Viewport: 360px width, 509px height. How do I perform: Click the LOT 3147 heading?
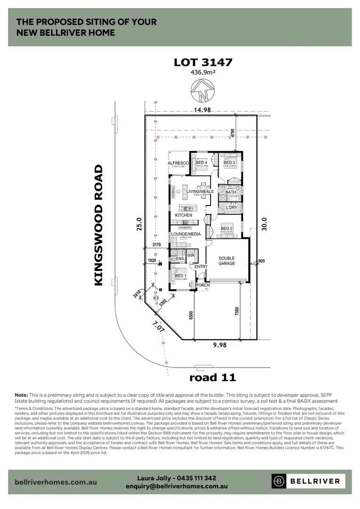click(x=203, y=62)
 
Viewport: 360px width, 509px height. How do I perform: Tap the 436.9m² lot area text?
click(x=203, y=73)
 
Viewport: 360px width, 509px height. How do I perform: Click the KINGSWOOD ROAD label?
click(x=98, y=225)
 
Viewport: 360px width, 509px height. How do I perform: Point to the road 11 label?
click(x=212, y=377)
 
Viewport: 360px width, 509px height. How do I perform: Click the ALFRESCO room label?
click(x=178, y=163)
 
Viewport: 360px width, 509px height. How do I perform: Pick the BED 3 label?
click(x=229, y=163)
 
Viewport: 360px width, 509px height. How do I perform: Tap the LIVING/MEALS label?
click(x=200, y=191)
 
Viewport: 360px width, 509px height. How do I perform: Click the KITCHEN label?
click(x=184, y=215)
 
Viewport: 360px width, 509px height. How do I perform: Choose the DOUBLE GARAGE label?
click(x=226, y=261)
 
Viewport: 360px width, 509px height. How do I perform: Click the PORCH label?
click(x=203, y=285)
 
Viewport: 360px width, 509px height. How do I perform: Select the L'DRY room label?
click(x=231, y=207)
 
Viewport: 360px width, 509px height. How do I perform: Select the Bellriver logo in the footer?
click(x=309, y=481)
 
